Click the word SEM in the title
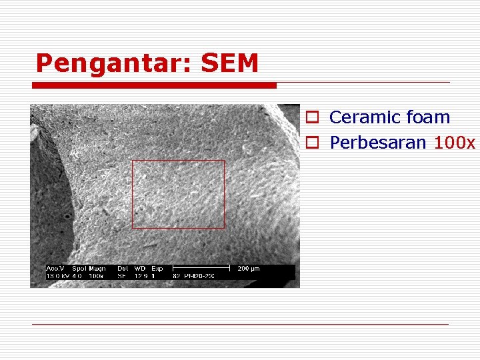229,63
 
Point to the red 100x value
454,143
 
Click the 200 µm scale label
248,269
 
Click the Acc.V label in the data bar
55,269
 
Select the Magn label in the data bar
97,269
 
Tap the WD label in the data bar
139,269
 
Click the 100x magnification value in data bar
96,275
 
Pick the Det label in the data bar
123,269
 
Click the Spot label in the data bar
79,269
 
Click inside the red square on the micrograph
178,194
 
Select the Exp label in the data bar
157,269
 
